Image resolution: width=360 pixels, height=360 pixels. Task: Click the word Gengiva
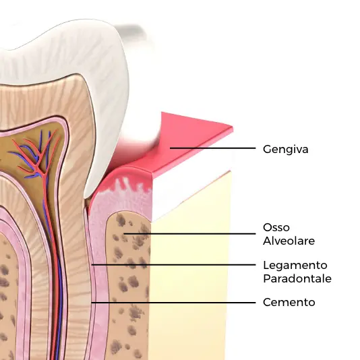(x=285, y=150)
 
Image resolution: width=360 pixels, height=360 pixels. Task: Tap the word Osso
(x=276, y=227)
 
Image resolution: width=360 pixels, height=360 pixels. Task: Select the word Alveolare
(x=289, y=241)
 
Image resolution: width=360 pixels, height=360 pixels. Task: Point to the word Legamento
(x=295, y=266)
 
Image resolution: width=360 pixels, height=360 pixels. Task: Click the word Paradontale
(x=297, y=278)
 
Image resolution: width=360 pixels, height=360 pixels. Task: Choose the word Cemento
(x=289, y=302)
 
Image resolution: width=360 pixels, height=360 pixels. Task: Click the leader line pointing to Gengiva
(x=212, y=148)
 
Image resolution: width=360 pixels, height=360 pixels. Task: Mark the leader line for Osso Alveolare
(x=189, y=234)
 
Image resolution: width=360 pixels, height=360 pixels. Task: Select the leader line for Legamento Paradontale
(x=173, y=265)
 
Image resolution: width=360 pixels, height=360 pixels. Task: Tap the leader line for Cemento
(x=173, y=303)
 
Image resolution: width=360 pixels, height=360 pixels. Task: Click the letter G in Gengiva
(x=268, y=149)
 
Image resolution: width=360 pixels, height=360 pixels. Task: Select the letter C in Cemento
(x=267, y=302)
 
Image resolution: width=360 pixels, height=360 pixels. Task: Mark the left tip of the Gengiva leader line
(x=170, y=148)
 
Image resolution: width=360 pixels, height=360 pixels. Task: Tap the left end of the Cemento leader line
(x=92, y=303)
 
